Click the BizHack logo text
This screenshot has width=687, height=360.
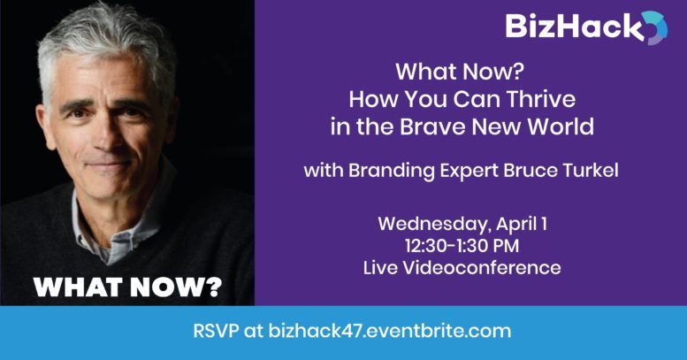point(575,27)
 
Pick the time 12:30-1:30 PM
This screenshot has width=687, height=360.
point(462,246)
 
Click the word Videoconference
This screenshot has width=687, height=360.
point(482,267)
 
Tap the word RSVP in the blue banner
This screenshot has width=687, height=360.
point(216,331)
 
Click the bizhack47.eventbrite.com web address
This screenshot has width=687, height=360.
point(390,331)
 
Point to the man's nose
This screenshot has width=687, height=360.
point(106,137)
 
